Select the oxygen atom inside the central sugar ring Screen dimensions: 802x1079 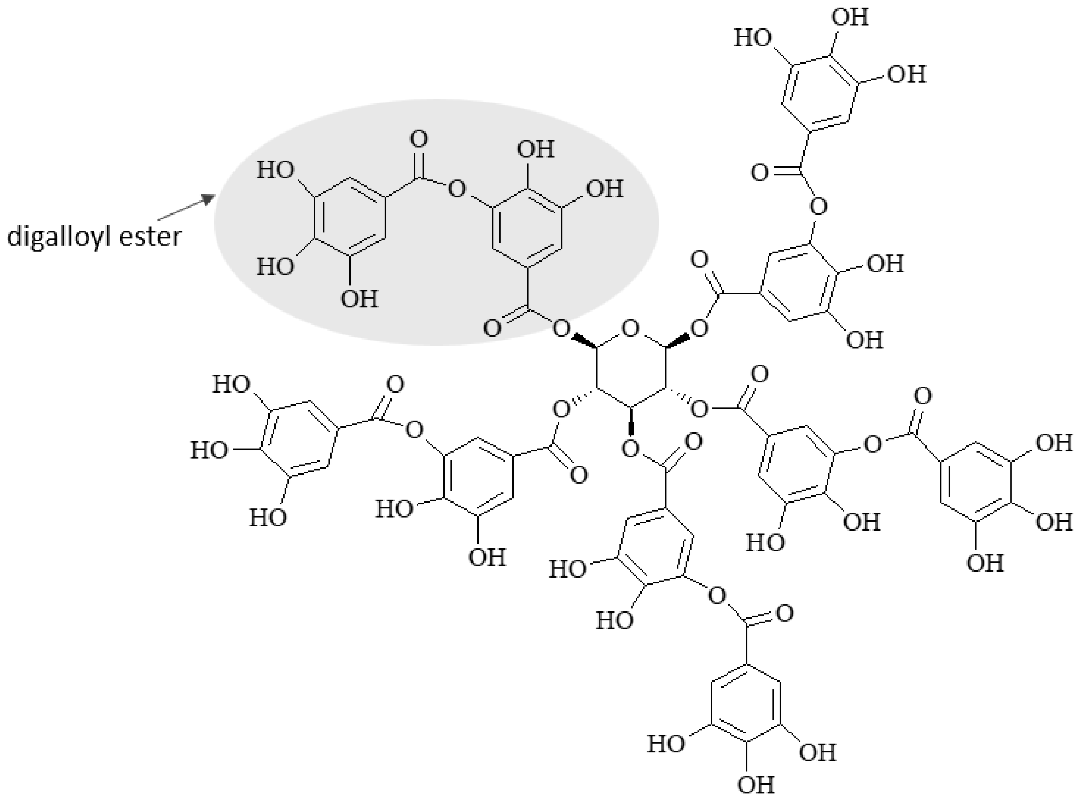630,330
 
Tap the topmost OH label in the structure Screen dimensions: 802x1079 850,17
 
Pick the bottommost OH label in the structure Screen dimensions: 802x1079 756,785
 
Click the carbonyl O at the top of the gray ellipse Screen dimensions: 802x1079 419,139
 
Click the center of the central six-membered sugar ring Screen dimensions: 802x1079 631,369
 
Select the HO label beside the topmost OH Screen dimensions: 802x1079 752,38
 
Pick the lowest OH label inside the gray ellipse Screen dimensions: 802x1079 359,299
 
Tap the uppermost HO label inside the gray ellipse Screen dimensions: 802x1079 276,170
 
